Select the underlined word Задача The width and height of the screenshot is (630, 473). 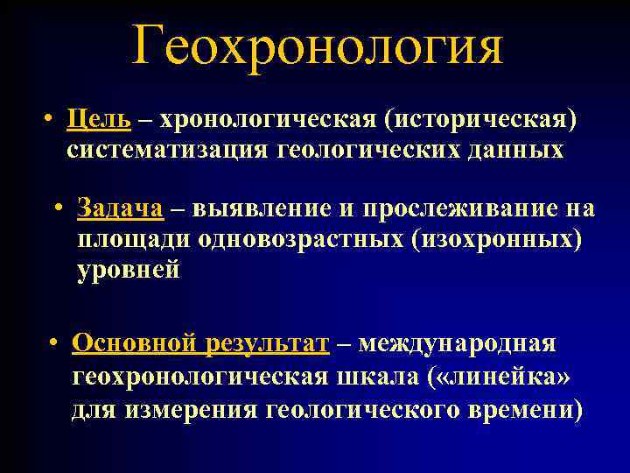tap(120, 208)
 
